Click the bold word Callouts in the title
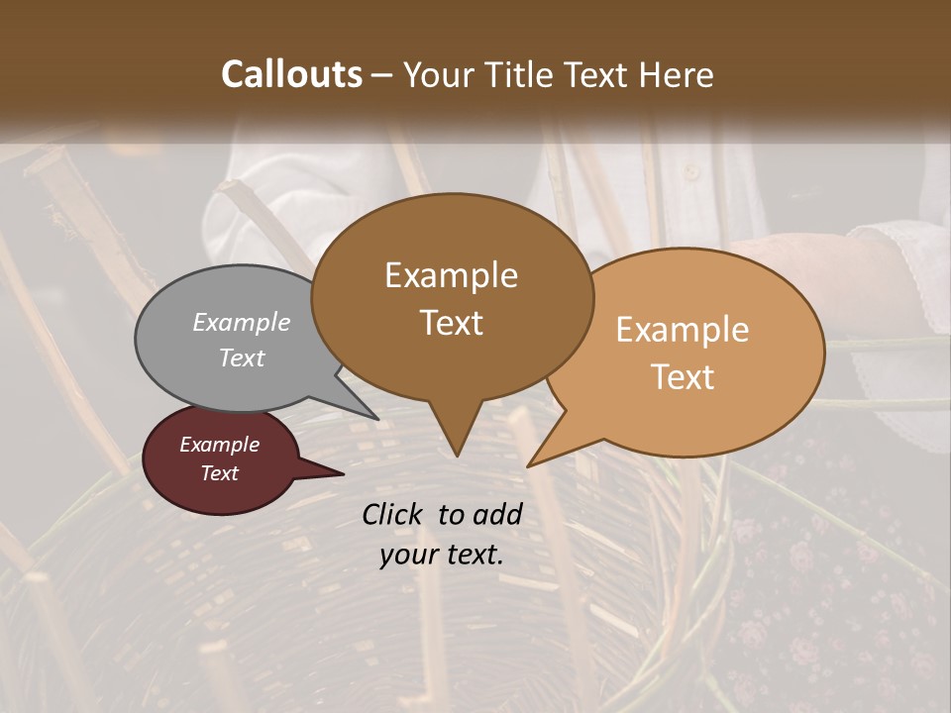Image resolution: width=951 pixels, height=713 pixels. pos(291,74)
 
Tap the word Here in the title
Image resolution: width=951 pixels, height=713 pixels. pos(676,74)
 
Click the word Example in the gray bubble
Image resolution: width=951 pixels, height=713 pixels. pos(241,323)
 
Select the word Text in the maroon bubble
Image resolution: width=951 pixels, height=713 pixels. pos(220,473)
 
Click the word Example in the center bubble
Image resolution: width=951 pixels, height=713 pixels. pos(451,275)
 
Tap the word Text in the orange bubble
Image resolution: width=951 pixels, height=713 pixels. pos(683,377)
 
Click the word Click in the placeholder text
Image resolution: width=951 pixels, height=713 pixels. pos(395,514)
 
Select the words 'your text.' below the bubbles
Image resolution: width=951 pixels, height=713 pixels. pos(442,555)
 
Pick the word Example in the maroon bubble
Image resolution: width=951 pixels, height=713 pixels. pos(220,445)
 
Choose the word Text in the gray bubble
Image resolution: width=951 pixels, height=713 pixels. pos(241,358)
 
